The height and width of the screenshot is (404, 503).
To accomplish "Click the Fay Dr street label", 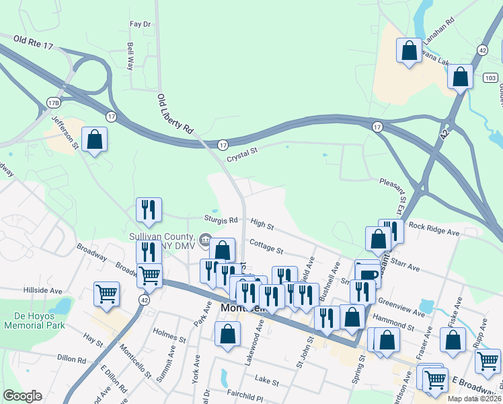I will click(x=141, y=24).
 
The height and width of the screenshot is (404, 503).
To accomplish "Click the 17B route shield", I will click(x=53, y=102).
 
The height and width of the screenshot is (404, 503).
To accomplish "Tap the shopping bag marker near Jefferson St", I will click(x=95, y=139).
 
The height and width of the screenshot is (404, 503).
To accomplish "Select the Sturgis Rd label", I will click(x=221, y=220).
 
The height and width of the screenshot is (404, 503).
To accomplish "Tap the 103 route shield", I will click(x=490, y=78).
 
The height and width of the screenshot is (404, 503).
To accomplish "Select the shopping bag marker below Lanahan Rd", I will click(x=408, y=51).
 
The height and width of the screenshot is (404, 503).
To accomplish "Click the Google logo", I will click(x=22, y=396).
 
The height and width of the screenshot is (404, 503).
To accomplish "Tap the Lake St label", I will click(x=266, y=382).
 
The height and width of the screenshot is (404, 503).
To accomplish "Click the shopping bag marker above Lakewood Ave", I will click(x=228, y=333).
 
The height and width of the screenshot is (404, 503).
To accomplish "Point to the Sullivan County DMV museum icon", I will click(x=204, y=240).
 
